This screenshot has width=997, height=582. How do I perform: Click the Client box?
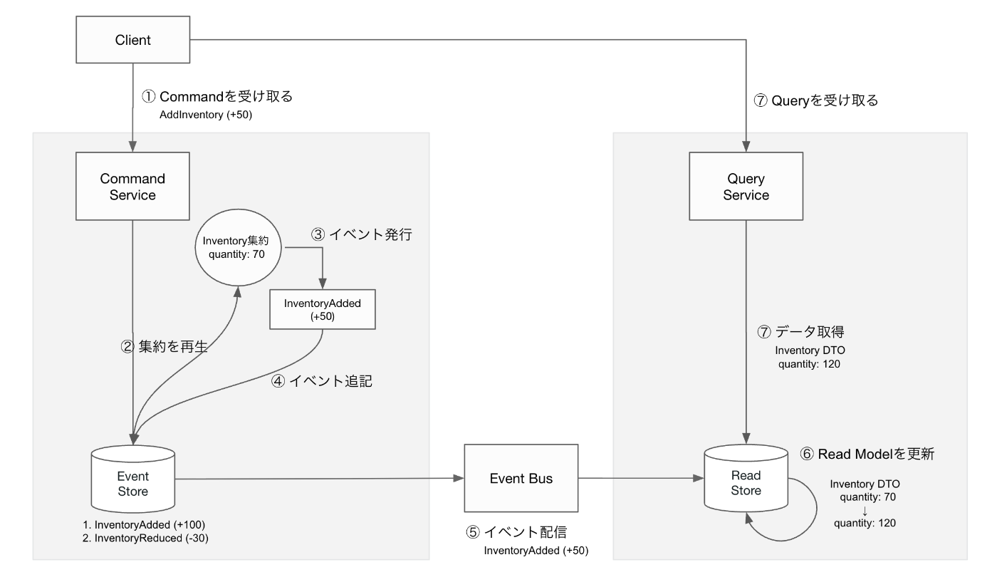pos(133,40)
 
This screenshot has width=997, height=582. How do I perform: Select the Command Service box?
pos(133,187)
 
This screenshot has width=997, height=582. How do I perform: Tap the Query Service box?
pos(746,187)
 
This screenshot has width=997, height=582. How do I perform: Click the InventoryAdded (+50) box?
pos(323,309)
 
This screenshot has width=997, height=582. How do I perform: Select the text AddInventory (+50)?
pos(206,113)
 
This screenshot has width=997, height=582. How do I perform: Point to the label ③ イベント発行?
pos(361,234)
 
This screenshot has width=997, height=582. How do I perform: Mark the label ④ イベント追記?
pos(322,381)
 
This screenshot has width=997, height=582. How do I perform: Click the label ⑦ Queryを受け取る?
pos(816,100)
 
